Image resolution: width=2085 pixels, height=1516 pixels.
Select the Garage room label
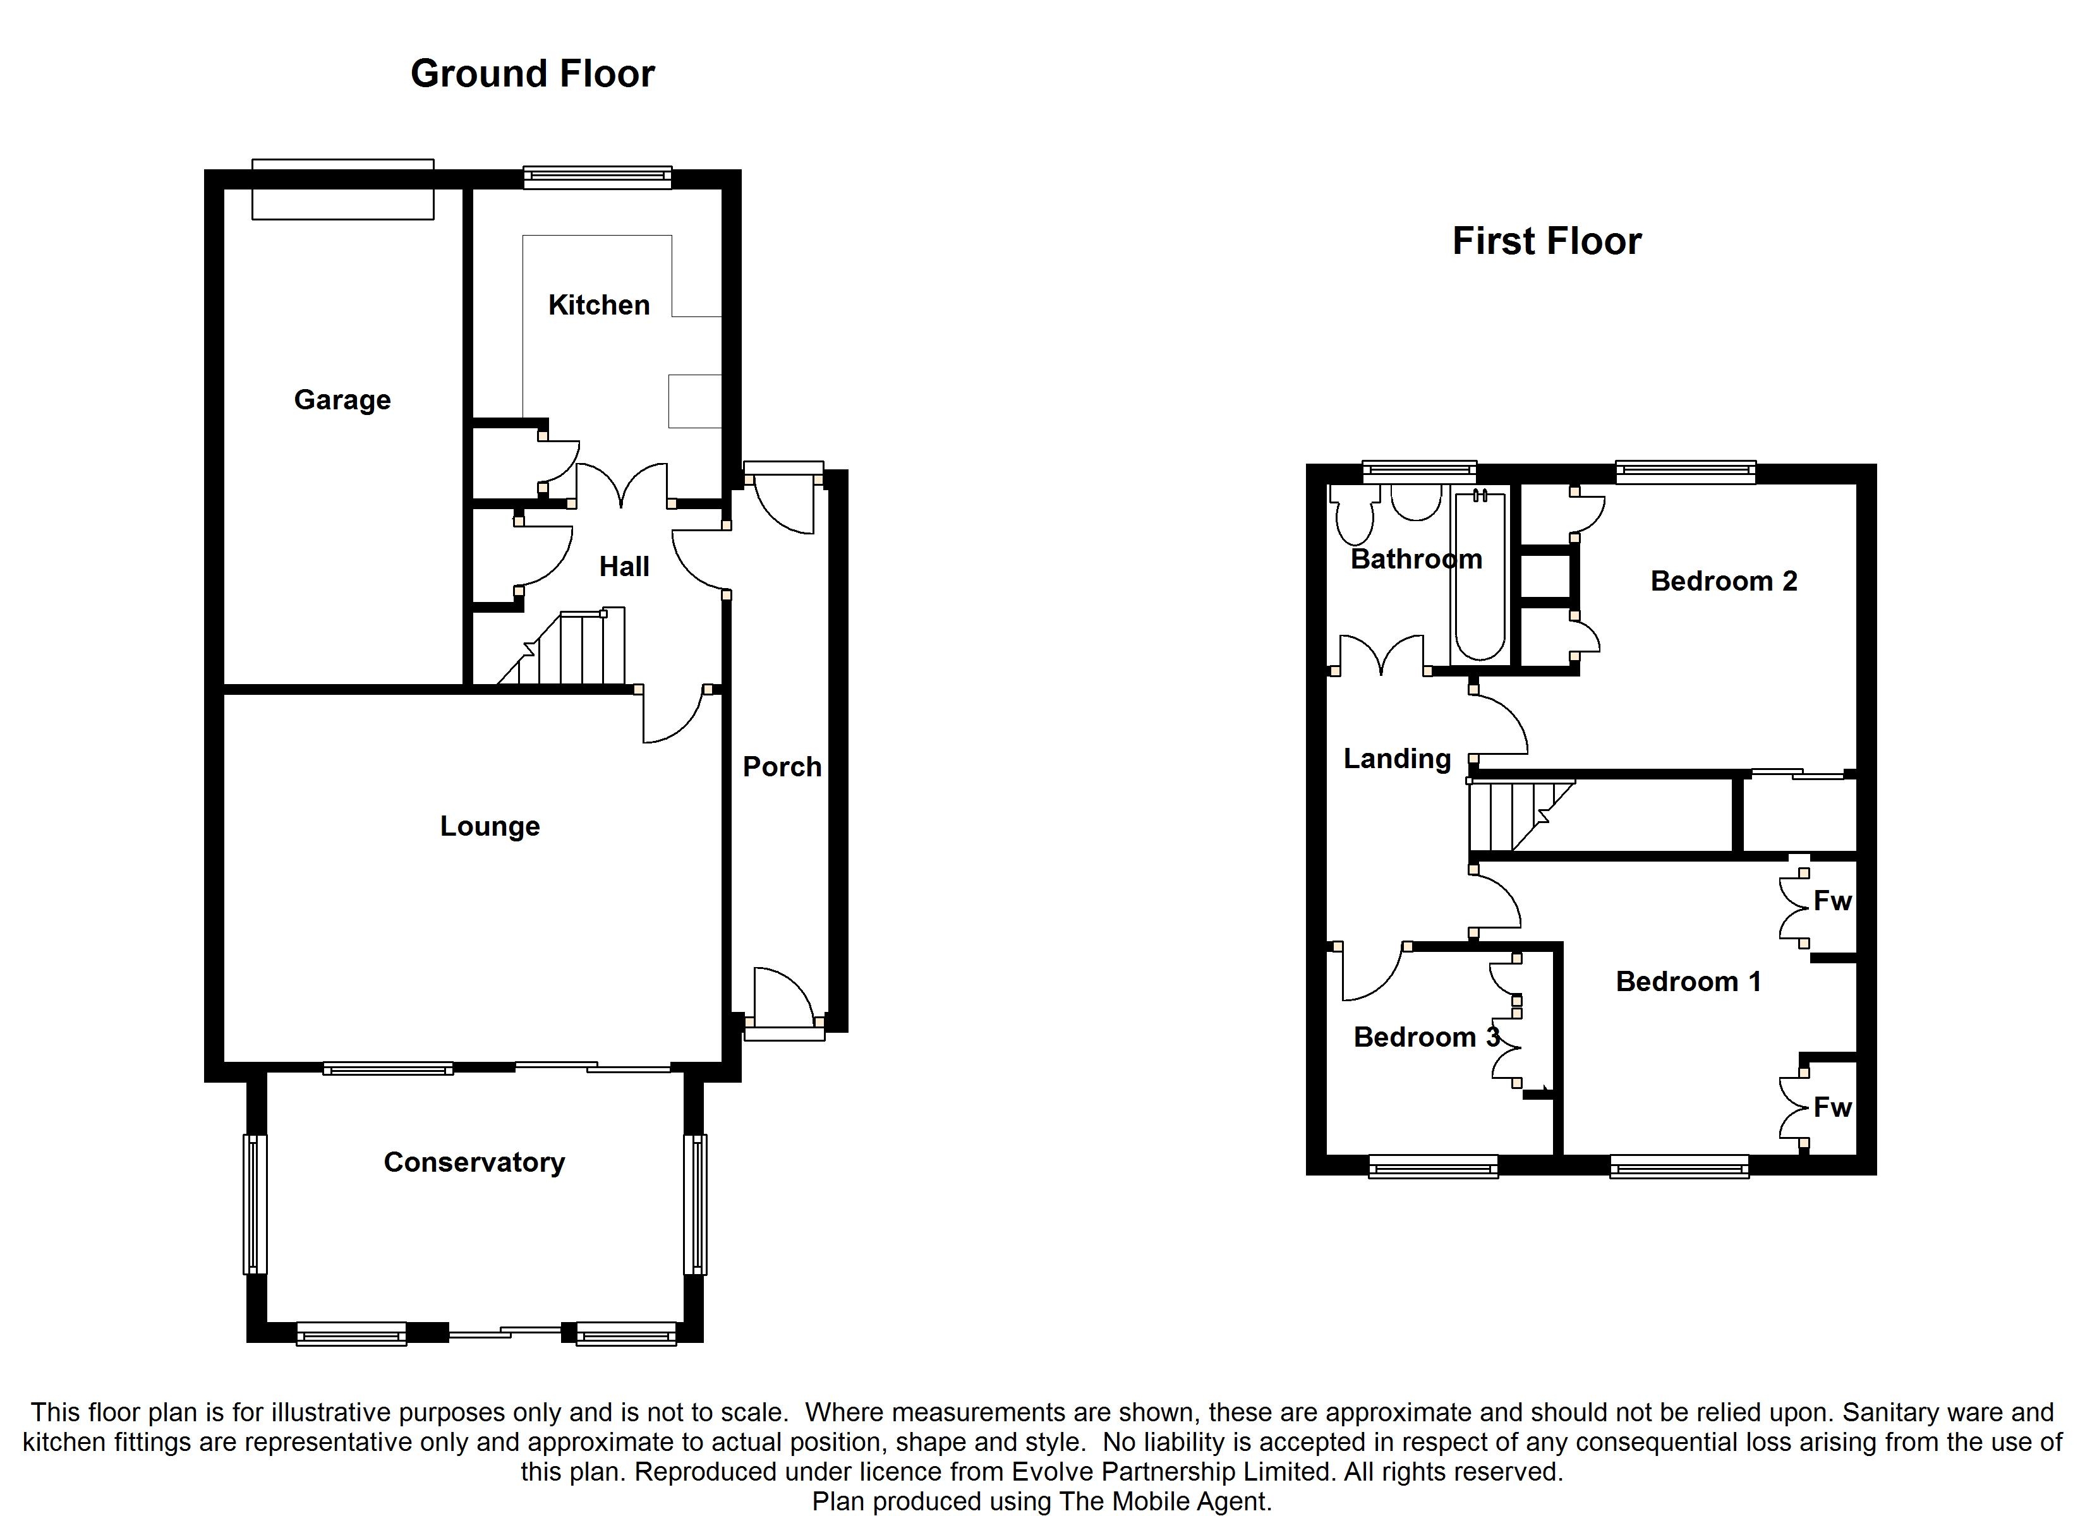click(342, 400)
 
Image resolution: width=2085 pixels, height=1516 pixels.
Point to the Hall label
click(624, 567)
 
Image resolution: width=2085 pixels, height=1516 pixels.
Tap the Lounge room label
click(490, 826)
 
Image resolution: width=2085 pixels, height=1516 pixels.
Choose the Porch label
click(782, 767)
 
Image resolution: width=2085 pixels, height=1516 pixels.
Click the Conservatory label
click(474, 1162)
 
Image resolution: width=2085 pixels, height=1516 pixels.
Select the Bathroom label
click(1416, 559)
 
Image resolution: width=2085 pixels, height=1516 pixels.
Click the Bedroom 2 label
click(1724, 581)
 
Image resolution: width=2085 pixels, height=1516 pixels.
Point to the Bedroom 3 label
click(1427, 1037)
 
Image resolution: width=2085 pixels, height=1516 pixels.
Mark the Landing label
click(1398, 759)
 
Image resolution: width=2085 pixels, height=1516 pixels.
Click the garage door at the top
click(343, 189)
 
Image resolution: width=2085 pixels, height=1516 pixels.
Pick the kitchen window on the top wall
click(598, 177)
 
